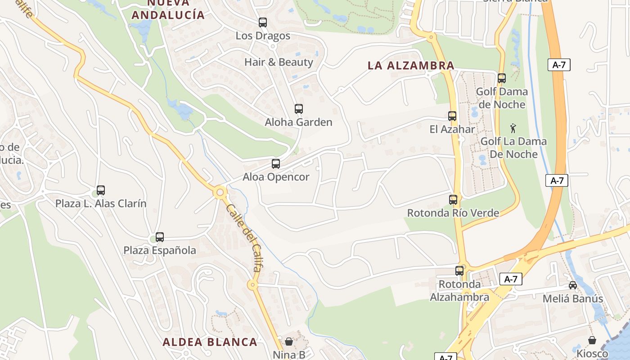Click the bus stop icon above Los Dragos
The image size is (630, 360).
(263, 22)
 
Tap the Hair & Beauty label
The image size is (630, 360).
(279, 62)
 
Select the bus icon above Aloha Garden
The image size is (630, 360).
(298, 108)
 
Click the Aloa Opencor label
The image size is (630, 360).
(276, 177)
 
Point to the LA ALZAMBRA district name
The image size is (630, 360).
(411, 65)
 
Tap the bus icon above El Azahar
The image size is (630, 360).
(452, 116)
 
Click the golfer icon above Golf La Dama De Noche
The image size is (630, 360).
(513, 128)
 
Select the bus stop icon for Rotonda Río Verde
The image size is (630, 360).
(453, 199)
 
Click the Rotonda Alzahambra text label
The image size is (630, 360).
(459, 291)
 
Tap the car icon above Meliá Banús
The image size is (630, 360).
(573, 285)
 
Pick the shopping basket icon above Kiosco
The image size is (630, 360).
(592, 340)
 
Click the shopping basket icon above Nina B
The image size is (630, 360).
(289, 342)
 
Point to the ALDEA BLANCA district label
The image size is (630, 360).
(210, 342)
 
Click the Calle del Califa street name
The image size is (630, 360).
(244, 238)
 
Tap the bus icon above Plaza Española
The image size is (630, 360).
(160, 237)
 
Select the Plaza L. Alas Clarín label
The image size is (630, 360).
(101, 203)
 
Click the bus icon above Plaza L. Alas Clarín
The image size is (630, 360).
(101, 190)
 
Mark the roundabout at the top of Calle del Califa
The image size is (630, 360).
(220, 193)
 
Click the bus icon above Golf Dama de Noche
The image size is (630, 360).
(502, 78)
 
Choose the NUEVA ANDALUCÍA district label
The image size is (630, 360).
(168, 9)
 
